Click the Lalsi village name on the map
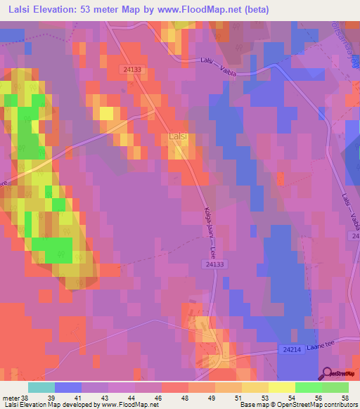[x=179, y=136]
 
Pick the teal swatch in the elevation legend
[x=41, y=387]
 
